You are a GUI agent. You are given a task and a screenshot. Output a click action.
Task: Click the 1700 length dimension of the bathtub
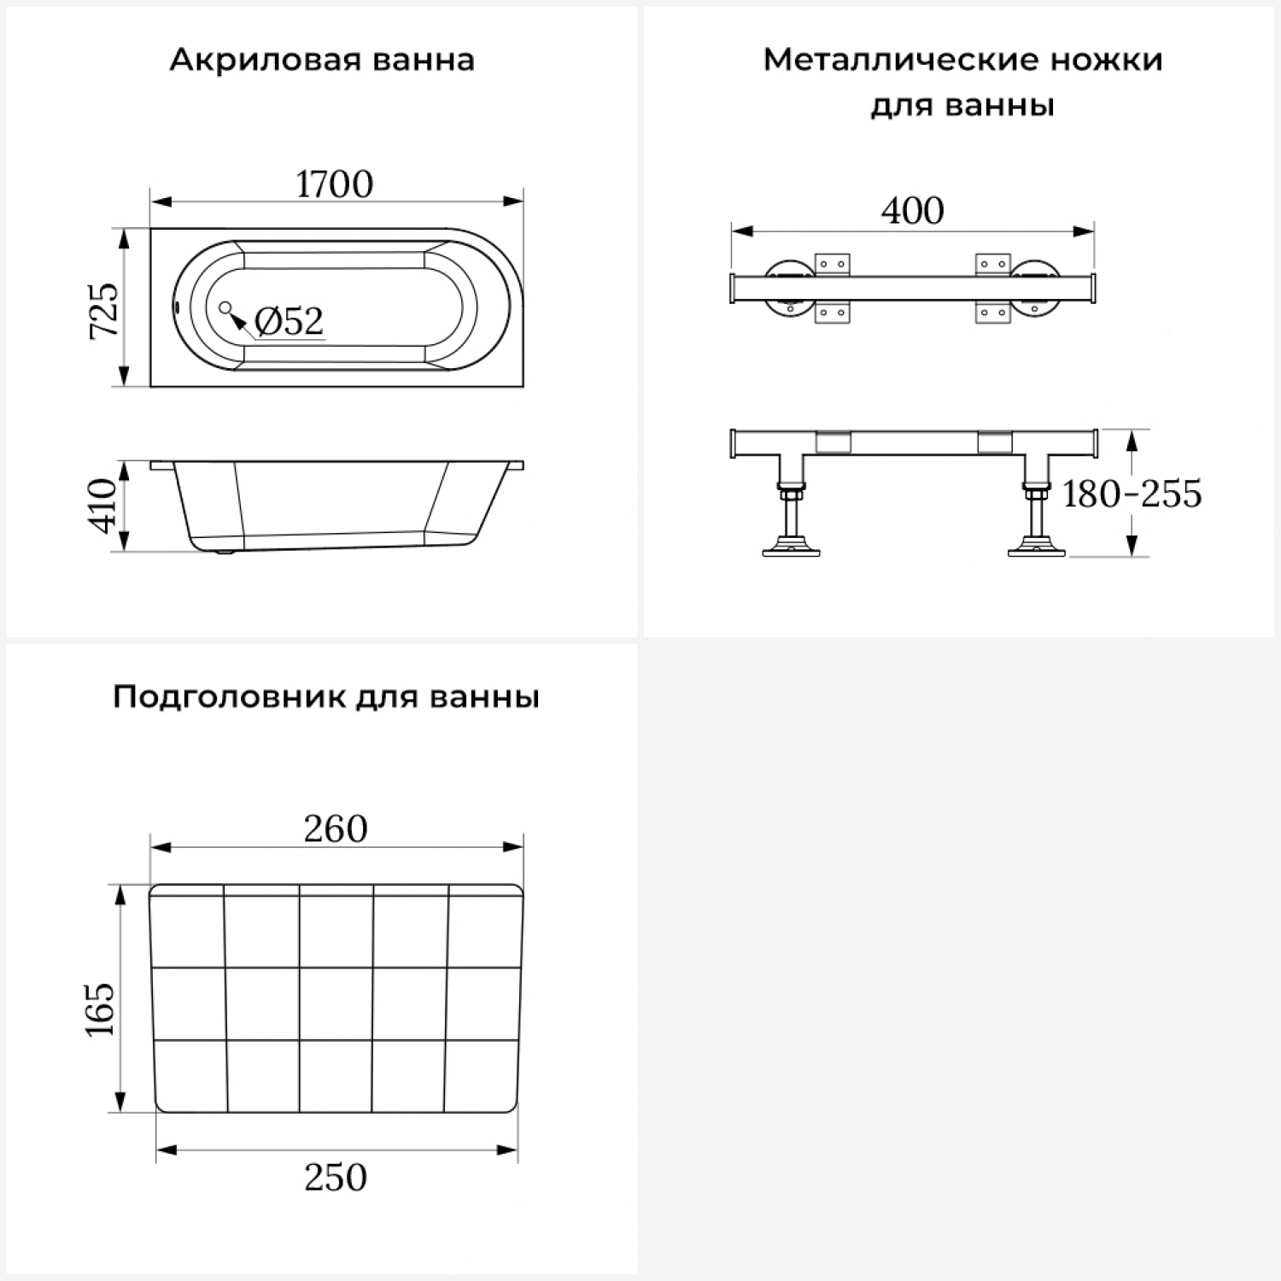click(x=334, y=184)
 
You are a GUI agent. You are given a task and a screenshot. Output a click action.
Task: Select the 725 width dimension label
click(x=105, y=309)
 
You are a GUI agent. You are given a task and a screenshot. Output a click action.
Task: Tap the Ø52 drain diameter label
click(x=289, y=321)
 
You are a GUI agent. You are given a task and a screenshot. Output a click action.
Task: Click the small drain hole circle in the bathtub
click(x=225, y=307)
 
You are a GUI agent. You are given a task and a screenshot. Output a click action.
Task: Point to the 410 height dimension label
click(x=103, y=506)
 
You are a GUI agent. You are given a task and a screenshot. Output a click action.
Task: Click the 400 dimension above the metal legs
click(x=912, y=211)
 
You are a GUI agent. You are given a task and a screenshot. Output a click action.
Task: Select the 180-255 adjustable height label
click(x=1131, y=494)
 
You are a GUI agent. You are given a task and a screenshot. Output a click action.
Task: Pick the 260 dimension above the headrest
click(x=336, y=829)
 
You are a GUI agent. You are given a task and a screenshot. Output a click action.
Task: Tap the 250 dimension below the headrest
click(x=336, y=1178)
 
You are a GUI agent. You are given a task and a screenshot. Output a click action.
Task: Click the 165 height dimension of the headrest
click(x=100, y=1009)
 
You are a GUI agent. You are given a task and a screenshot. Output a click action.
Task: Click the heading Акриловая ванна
click(x=322, y=61)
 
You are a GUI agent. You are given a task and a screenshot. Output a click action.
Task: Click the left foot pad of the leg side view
click(x=791, y=549)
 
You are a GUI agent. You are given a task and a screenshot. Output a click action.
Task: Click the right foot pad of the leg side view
click(x=1037, y=549)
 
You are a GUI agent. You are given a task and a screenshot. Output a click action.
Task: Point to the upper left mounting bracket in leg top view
click(x=833, y=264)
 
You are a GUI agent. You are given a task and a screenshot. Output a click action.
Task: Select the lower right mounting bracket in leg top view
click(x=992, y=313)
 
